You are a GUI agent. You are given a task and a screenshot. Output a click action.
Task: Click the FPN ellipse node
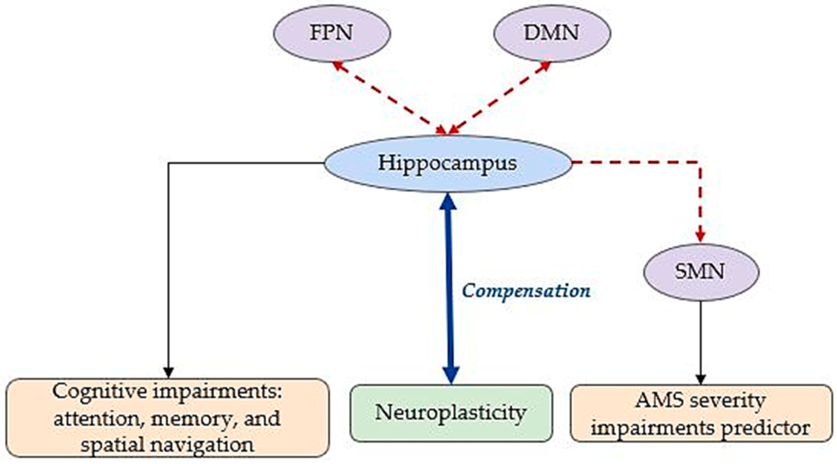pos(332,33)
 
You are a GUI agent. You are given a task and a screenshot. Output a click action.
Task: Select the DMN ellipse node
pos(552,33)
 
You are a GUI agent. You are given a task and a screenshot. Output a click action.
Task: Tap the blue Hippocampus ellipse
pos(448,163)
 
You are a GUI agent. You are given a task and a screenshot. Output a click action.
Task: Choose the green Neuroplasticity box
pos(451,413)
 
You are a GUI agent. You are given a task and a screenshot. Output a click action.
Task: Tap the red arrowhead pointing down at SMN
pos(700,235)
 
